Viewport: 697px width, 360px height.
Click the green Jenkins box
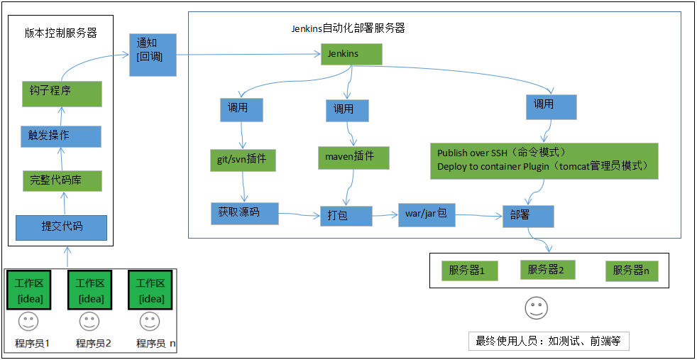click(351, 55)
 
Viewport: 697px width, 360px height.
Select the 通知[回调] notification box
click(153, 55)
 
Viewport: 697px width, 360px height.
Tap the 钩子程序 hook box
click(62, 92)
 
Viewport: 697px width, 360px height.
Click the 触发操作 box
click(61, 136)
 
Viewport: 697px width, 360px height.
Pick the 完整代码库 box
click(62, 180)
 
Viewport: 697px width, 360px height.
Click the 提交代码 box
click(62, 227)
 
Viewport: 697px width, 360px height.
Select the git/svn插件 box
click(242, 159)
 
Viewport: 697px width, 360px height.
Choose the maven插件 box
click(345, 156)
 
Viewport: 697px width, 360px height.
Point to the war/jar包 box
click(426, 213)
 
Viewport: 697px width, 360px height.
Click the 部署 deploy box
click(528, 215)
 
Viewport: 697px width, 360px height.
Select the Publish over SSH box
click(544, 160)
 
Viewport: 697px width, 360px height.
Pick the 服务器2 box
click(547, 270)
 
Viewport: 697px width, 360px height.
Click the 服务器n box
click(632, 271)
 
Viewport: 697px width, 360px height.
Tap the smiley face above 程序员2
click(89, 322)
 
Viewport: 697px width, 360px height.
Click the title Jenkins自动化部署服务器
click(348, 28)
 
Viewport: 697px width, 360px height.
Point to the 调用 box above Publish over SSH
click(551, 107)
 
